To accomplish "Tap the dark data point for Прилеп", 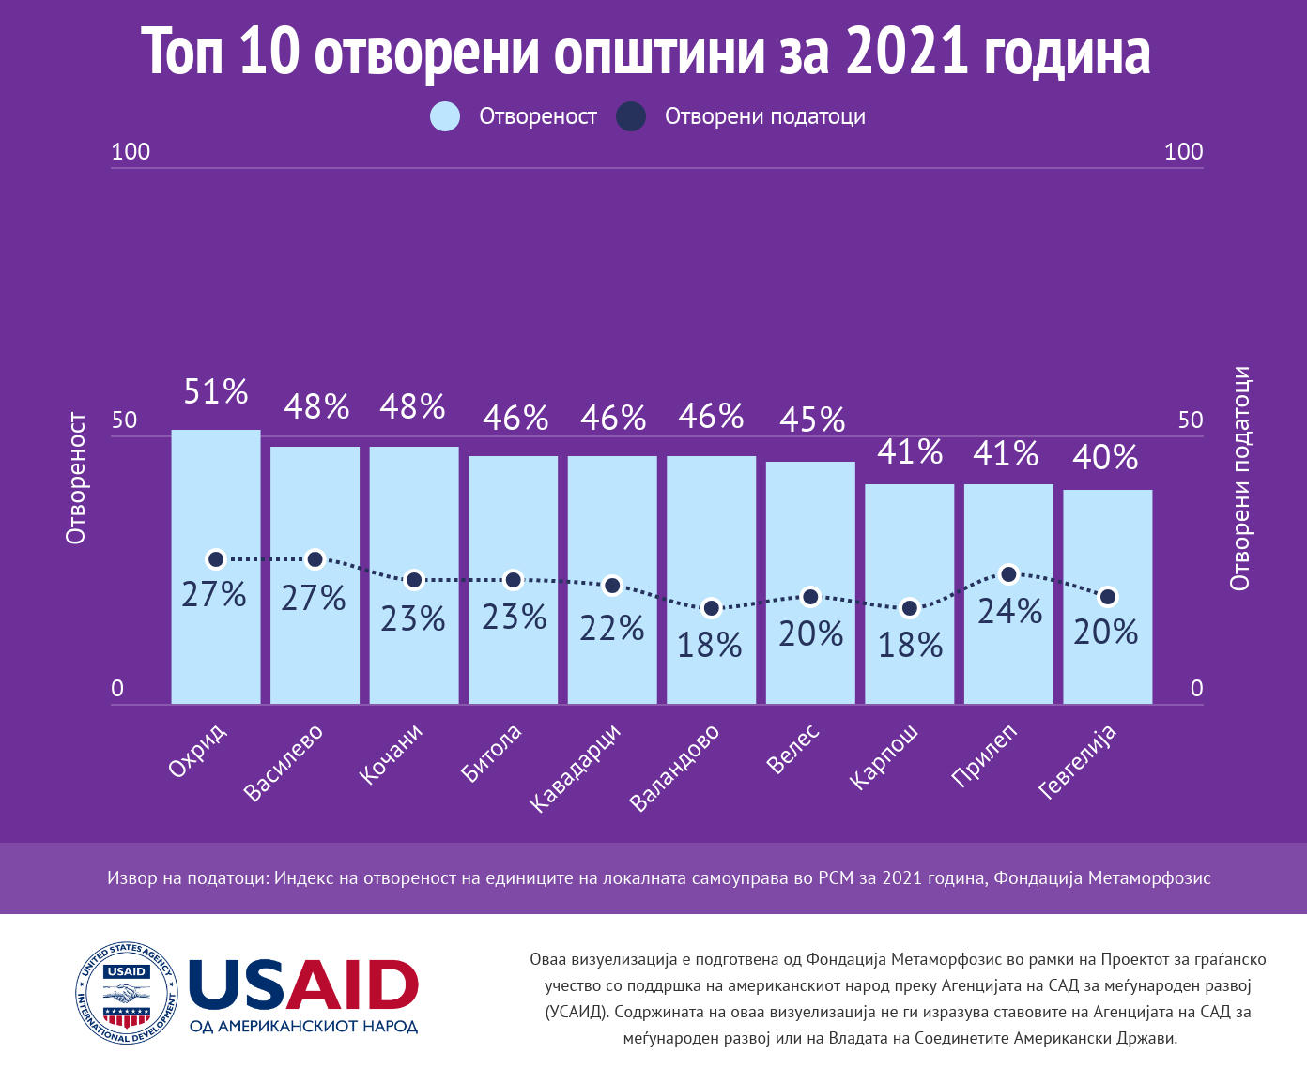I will coord(1009,574).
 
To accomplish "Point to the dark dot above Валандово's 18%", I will coord(712,608).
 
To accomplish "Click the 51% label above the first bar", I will coord(216,391).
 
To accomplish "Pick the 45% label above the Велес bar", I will coord(812,420).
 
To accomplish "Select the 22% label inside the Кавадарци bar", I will coord(612,628).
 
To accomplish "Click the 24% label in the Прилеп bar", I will coord(1010,612).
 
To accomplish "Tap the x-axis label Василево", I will coord(284,762).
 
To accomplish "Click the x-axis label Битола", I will coord(491,753).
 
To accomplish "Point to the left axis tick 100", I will coord(131,152).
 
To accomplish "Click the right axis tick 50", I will coord(1191,420).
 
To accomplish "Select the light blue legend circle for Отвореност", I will coord(445,116).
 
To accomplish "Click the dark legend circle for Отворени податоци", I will coord(631,116).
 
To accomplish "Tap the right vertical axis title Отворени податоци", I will coord(1240,479).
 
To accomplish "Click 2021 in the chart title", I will coord(906,52).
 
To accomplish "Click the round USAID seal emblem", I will coord(127,993).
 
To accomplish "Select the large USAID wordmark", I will coord(303,985).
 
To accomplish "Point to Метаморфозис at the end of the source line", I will coord(1148,878).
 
